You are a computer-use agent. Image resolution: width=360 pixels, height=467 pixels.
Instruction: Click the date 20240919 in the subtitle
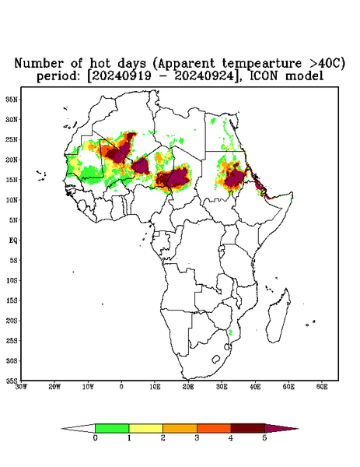click(121, 76)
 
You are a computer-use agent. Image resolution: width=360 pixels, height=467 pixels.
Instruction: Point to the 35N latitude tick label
click(12, 99)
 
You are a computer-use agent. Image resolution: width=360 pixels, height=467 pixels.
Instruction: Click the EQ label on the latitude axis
click(12, 240)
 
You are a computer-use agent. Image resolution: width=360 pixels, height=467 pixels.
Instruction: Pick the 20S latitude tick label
click(12, 321)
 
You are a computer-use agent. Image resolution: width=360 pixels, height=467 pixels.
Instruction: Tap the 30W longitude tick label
click(21, 387)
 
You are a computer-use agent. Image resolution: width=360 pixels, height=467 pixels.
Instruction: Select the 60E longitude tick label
click(322, 387)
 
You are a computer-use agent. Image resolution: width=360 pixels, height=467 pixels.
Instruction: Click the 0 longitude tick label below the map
click(121, 387)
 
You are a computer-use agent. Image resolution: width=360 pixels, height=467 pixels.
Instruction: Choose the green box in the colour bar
click(112, 428)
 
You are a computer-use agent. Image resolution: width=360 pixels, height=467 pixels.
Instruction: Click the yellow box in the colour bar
click(145, 428)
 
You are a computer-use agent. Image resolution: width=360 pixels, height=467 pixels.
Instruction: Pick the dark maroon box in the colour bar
click(248, 428)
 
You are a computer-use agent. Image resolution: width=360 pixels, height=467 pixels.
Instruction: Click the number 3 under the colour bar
click(197, 438)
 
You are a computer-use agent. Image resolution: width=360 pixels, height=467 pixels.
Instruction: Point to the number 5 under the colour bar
click(264, 438)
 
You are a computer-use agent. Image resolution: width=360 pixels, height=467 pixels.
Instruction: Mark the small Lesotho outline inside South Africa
click(215, 359)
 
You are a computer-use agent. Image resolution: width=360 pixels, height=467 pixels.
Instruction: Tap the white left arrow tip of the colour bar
click(63, 429)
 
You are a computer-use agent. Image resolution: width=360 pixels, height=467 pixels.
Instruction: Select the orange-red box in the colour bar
click(214, 428)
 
